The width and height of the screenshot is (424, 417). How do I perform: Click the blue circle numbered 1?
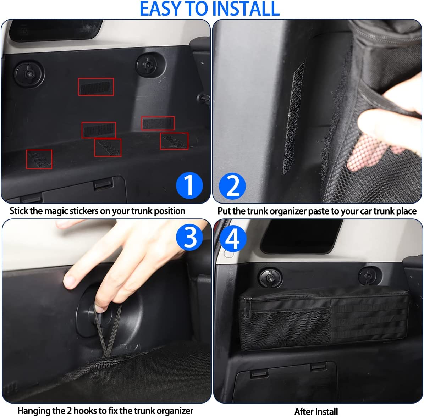[x=189, y=185]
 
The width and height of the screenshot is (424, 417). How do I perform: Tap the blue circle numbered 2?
[x=232, y=186]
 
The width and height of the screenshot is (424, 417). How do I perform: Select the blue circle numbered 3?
[x=189, y=237]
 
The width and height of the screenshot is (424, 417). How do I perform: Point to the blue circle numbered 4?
[x=233, y=238]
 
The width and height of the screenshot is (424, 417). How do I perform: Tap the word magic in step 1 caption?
[x=56, y=211]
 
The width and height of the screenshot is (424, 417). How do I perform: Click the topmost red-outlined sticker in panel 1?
[x=96, y=87]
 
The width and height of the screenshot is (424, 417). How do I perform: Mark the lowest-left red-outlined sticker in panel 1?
[x=39, y=160]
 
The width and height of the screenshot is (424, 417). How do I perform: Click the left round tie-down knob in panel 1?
[x=29, y=74]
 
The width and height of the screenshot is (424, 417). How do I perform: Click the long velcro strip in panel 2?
[x=294, y=118]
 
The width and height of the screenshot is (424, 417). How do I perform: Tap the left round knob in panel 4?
[x=270, y=278]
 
